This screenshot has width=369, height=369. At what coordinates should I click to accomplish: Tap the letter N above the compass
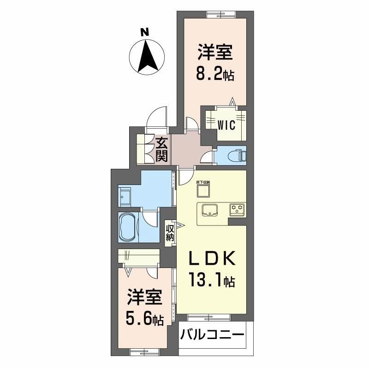[x=145, y=32]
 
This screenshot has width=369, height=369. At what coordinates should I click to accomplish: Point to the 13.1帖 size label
[x=212, y=279]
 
